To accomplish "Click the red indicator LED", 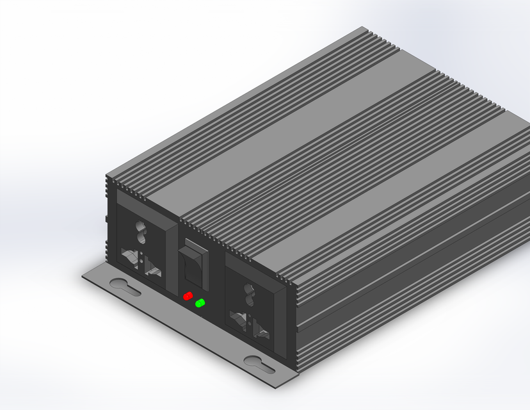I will pos(188,296).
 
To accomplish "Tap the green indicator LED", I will pos(200,303).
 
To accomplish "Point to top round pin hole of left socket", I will pos(140,229).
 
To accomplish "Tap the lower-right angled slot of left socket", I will pos(152,268).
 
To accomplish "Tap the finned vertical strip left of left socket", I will pos(109,218).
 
